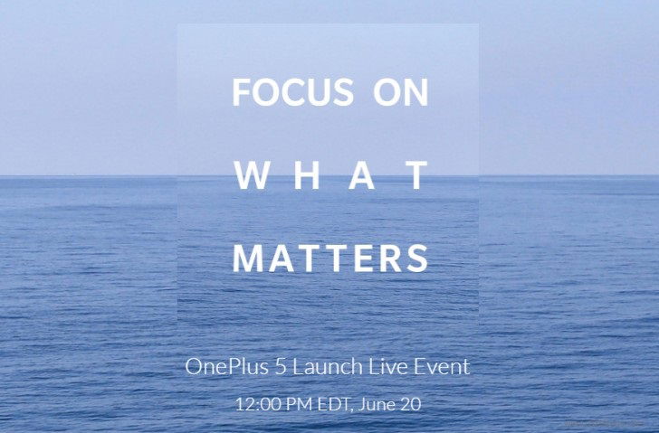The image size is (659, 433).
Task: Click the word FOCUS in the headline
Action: (293, 91)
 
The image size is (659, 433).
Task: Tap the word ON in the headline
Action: (400, 91)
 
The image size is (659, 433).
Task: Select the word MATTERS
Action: (330, 259)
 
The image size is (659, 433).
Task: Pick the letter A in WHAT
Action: (361, 175)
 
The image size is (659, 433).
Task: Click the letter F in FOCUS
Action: (242, 91)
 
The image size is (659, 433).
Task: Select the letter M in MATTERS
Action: (248, 259)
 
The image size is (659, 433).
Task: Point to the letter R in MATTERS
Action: (391, 259)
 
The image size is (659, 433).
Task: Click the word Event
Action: (442, 366)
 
